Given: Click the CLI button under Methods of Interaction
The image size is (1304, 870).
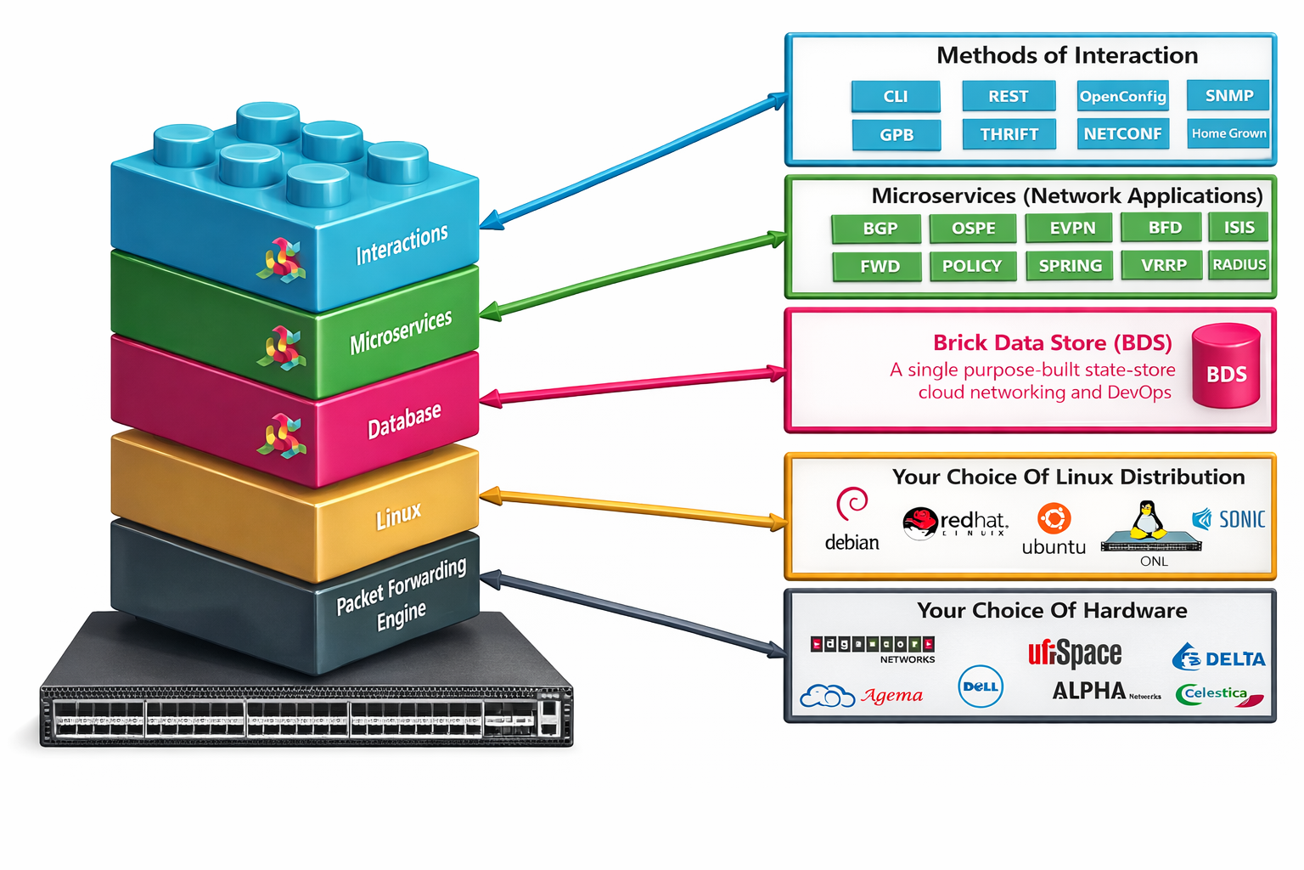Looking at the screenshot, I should click(896, 97).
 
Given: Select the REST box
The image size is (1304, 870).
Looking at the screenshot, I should click(1009, 96).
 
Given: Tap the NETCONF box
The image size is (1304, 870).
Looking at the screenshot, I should click(1122, 134).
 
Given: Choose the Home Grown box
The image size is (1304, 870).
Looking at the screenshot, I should click(1228, 133).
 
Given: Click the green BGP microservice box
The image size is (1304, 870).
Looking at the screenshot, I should click(880, 229).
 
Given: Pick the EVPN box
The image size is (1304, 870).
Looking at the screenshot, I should click(1072, 229).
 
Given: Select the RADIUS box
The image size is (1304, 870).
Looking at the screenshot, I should click(1239, 265).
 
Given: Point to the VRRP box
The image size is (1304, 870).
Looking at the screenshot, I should click(1163, 265).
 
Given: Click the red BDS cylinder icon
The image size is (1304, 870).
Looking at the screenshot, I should click(1226, 366).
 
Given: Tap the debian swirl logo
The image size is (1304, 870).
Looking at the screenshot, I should click(852, 504).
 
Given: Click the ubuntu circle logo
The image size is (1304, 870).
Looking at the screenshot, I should click(1054, 518).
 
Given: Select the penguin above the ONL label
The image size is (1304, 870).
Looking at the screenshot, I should click(1148, 519).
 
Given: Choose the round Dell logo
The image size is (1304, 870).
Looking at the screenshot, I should click(981, 686).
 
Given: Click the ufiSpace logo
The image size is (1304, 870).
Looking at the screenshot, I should click(1075, 653).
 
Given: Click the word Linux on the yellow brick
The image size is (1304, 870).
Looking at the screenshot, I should click(398, 516).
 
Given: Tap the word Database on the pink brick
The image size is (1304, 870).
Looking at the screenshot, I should click(404, 421).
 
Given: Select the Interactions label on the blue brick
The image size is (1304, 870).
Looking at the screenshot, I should click(402, 244).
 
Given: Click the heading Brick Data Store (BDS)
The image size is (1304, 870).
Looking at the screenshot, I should click(1052, 342).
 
